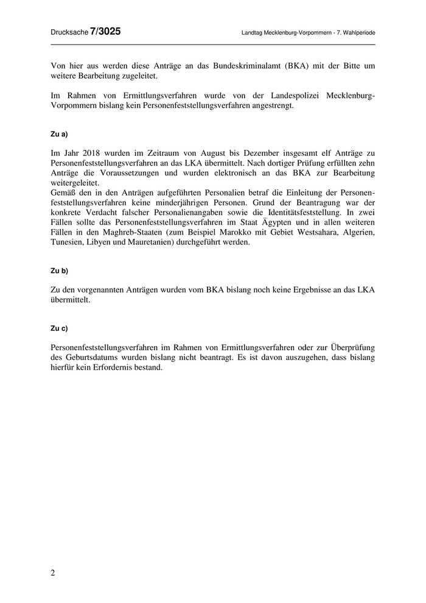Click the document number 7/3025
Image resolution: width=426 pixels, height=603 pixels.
105,31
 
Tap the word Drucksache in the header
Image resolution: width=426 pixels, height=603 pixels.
69,32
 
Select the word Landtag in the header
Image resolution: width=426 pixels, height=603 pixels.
254,32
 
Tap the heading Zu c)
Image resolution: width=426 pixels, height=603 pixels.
59,328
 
